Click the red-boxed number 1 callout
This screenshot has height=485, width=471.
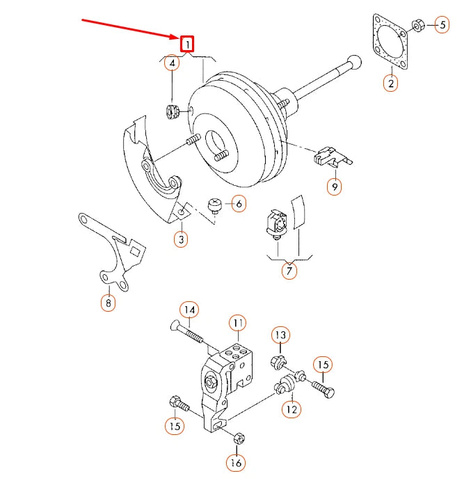click(x=187, y=45)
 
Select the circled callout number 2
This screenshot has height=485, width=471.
click(x=391, y=84)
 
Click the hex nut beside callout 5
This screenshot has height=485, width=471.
click(x=419, y=26)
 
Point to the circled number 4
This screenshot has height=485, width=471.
click(x=172, y=64)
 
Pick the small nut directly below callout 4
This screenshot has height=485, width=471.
click(x=173, y=110)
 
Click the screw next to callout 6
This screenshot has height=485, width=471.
click(x=215, y=205)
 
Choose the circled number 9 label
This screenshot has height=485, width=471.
click(x=335, y=186)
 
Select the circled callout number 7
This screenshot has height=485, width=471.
click(x=289, y=270)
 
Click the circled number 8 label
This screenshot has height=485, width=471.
click(x=108, y=303)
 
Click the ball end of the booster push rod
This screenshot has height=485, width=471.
click(x=354, y=63)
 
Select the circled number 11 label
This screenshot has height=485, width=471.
click(x=238, y=323)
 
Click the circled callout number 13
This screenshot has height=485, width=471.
click(x=280, y=335)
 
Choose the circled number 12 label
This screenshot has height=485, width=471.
click(x=291, y=409)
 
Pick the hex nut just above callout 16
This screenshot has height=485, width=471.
click(x=237, y=438)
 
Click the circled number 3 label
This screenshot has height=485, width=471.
click(x=181, y=239)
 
